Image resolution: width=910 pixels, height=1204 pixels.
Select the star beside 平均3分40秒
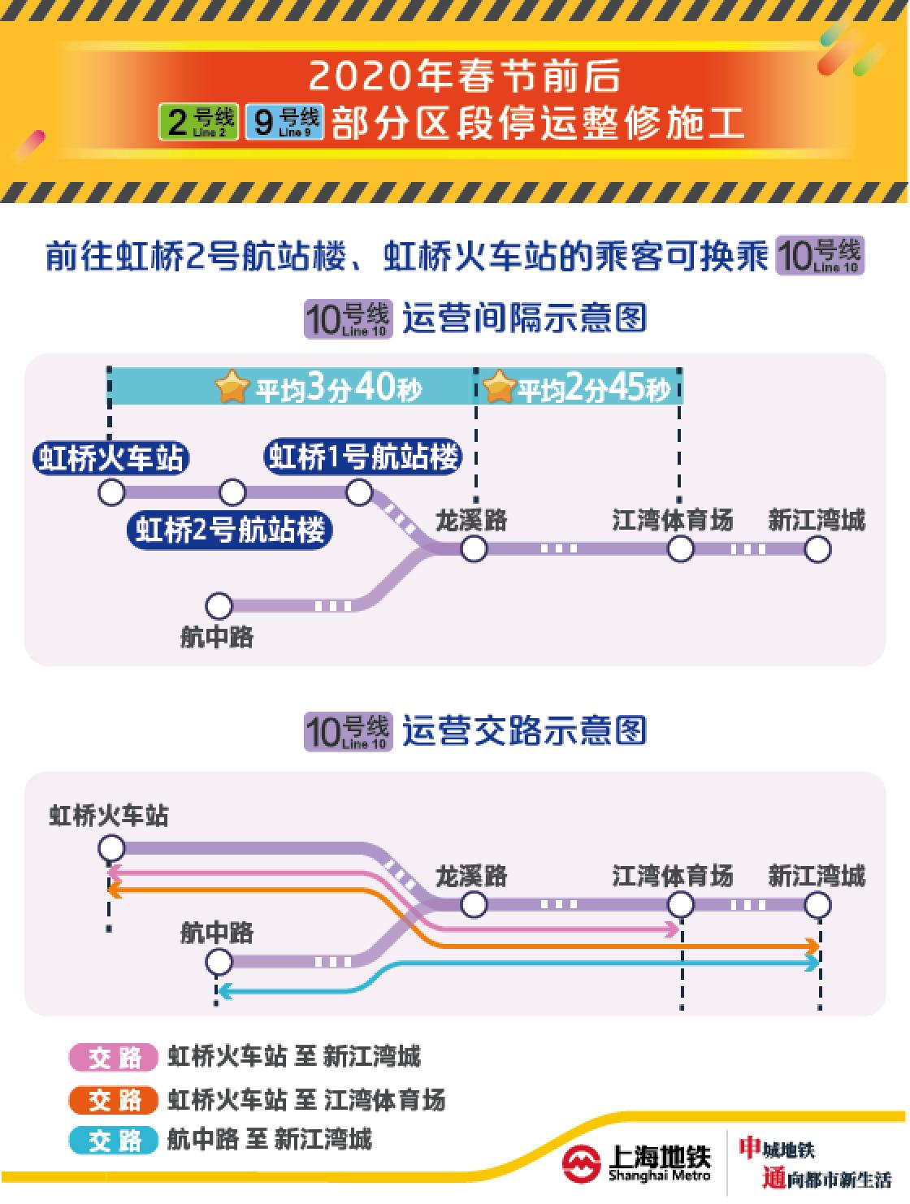click(232, 388)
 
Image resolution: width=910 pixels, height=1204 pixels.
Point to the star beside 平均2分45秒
click(499, 388)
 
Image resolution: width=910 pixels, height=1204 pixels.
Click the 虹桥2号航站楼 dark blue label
click(230, 531)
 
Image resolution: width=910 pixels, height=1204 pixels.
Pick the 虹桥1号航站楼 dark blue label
click(363, 457)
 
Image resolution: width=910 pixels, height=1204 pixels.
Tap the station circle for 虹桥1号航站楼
click(359, 492)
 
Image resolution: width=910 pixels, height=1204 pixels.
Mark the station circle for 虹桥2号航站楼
click(232, 492)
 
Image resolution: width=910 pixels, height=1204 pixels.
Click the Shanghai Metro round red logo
click(582, 1164)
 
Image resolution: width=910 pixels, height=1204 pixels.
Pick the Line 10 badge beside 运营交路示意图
click(348, 731)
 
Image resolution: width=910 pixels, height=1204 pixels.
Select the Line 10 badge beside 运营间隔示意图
click(348, 318)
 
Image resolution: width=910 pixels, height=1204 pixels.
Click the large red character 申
click(749, 1147)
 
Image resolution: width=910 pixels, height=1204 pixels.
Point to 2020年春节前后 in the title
click(464, 77)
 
